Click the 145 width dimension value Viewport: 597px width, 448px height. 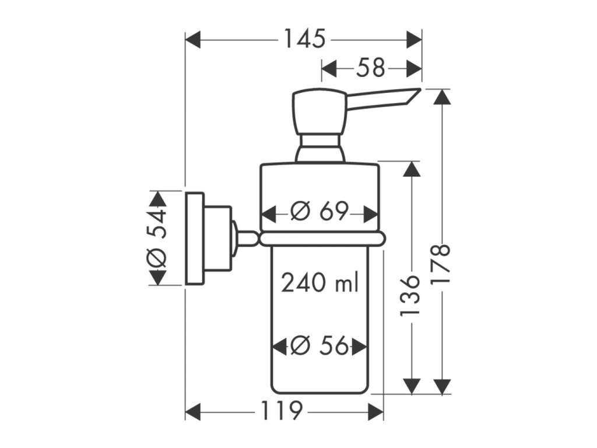point(304,39)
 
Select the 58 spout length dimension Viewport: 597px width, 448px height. point(371,69)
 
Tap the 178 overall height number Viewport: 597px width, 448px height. point(442,264)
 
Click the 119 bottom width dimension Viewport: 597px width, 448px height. point(282,411)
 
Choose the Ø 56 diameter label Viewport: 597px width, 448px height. point(319,346)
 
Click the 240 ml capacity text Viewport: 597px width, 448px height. point(320,283)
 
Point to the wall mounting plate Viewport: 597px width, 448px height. point(195,239)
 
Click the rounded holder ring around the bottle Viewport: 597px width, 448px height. point(322,239)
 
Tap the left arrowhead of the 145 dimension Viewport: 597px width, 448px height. point(193,39)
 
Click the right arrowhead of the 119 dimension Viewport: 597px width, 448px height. point(376,411)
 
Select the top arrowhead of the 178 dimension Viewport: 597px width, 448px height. point(442,97)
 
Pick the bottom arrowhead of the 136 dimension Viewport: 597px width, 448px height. point(411,386)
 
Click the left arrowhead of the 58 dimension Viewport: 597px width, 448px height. point(329,69)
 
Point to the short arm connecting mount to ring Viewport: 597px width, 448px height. point(247,239)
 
